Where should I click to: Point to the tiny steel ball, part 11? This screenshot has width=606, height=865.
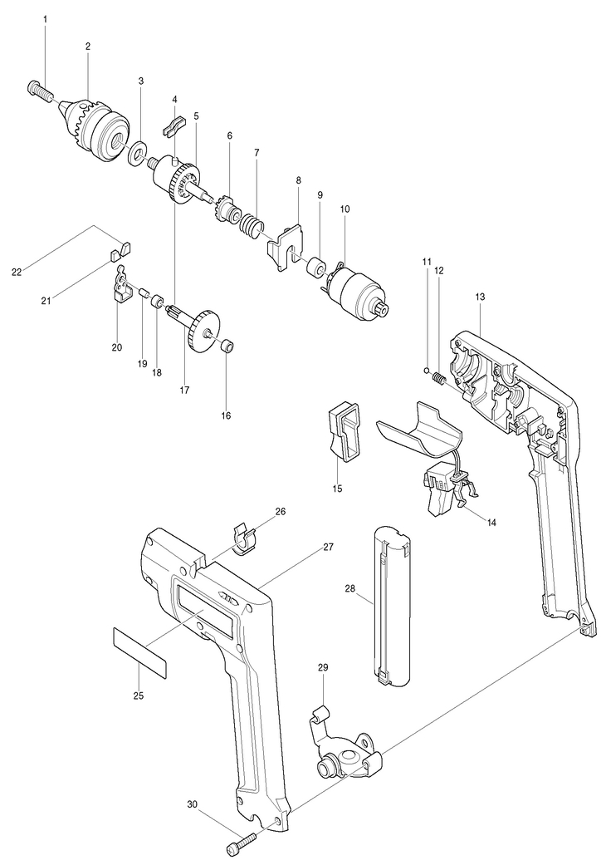(427, 370)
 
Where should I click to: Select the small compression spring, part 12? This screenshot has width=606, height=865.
(439, 380)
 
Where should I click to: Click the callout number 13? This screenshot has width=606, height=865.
(480, 297)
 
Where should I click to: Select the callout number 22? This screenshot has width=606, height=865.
(17, 271)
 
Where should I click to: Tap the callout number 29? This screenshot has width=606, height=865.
(323, 667)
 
